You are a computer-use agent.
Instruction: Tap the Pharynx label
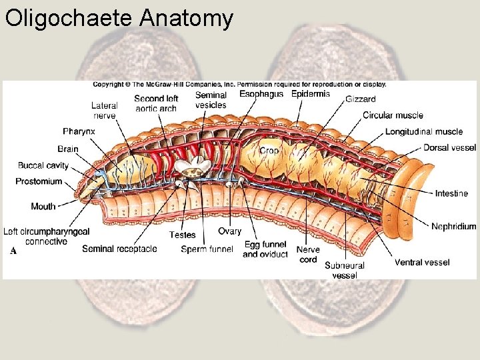point(79,131)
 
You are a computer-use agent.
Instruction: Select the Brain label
point(67,149)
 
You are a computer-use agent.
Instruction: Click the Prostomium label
point(39,181)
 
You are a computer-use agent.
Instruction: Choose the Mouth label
point(43,207)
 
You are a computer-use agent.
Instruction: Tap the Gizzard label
point(360,99)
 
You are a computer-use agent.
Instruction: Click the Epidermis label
point(311,94)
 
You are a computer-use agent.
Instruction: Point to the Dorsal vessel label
point(449,147)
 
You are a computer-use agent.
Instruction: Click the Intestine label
point(451,193)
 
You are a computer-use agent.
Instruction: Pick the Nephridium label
point(453,226)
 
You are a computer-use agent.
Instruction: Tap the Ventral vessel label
point(422,262)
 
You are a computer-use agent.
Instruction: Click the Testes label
point(182,235)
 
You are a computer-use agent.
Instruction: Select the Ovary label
point(229,231)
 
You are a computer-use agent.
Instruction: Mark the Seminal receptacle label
point(119,249)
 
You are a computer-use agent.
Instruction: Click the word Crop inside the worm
point(269,151)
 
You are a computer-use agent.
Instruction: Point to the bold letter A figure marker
point(13,251)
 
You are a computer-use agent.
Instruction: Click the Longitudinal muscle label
point(423,131)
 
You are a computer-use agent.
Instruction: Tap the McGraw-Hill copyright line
point(239,85)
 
